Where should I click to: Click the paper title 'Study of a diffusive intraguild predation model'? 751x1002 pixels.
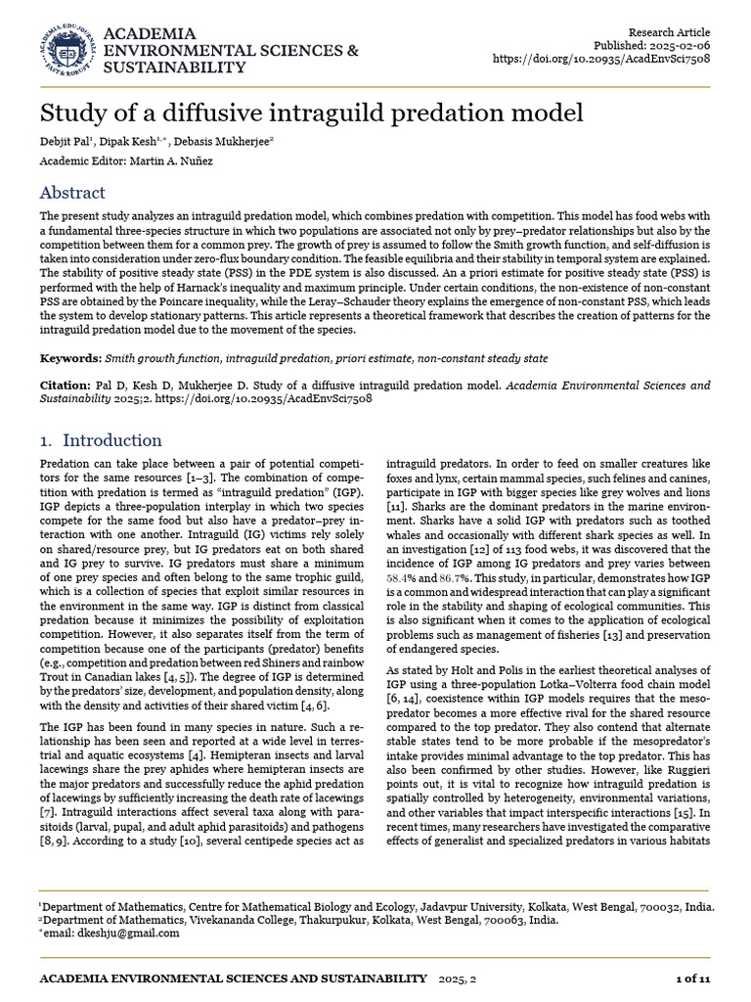tap(311, 111)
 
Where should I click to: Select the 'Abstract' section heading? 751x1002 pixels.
tap(72, 193)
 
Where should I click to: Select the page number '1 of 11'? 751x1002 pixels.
tap(692, 979)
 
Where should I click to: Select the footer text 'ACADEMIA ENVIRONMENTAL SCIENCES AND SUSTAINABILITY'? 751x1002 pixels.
tap(233, 979)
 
